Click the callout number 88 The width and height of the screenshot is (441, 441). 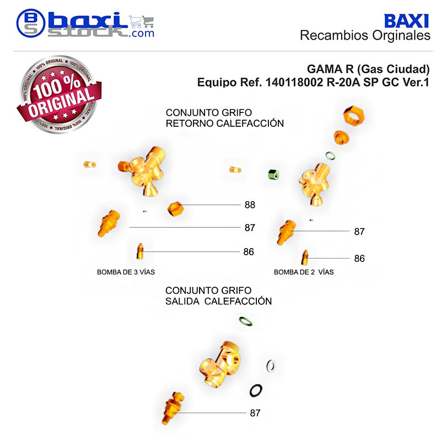pos(250,205)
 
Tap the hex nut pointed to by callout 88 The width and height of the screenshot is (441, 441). pos(175,209)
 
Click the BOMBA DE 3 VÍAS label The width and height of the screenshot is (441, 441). pos(126,272)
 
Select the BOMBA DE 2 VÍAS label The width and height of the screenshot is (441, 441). pos(304,272)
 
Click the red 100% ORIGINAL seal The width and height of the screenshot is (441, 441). pos(59,94)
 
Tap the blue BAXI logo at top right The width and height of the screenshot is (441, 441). pos(406,21)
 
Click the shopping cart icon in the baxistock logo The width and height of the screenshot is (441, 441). pos(142,21)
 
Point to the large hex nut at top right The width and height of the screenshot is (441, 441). pos(354,115)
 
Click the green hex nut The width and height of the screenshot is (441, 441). pos(273,174)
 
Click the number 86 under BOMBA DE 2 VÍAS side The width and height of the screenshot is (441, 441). pos(359,259)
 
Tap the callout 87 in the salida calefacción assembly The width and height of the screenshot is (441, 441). pos(255,413)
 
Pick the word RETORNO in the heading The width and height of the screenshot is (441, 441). pos(190,123)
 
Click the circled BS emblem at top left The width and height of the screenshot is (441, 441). pos(31,23)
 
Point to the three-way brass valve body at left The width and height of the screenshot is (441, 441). pos(143,171)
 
